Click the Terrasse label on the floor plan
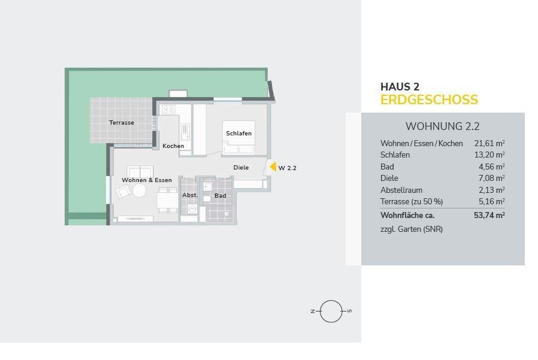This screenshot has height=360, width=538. [x=122, y=123]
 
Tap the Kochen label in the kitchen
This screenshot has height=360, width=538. [x=173, y=146]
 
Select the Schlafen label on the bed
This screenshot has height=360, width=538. [x=239, y=133]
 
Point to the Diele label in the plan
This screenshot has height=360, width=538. [x=241, y=168]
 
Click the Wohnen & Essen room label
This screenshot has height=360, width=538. [x=147, y=180]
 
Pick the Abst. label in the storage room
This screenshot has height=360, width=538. [x=190, y=195]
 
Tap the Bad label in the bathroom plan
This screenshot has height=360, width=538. [x=220, y=196]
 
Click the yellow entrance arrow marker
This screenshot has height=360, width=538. [x=273, y=167]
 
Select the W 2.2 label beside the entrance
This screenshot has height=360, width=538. [x=288, y=168]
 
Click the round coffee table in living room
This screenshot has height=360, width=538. [x=140, y=191]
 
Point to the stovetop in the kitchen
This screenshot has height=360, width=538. [x=169, y=110]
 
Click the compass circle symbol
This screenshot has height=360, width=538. [x=331, y=311]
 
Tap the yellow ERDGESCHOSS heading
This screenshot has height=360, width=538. [x=429, y=99]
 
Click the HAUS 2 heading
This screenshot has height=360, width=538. [x=400, y=86]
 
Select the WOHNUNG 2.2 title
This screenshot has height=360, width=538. [x=442, y=126]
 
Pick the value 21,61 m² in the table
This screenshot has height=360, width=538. [x=489, y=143]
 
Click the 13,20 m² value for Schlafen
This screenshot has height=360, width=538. [x=489, y=155]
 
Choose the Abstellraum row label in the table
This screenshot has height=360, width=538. [x=401, y=190]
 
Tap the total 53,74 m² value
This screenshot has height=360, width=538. [x=489, y=215]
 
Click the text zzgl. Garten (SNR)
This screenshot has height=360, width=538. [x=412, y=229]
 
